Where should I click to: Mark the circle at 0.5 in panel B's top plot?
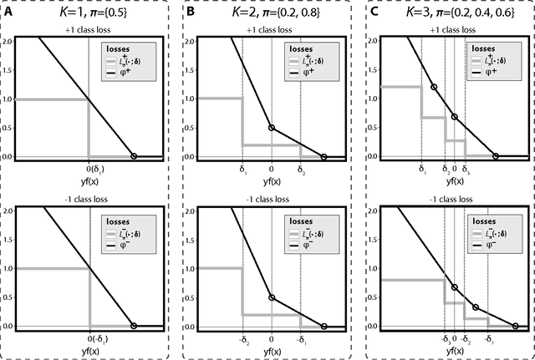tap(272, 128)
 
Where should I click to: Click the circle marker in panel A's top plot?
tap(135, 156)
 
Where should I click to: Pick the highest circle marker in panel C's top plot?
tap(433, 87)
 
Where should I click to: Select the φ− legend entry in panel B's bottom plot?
tap(310, 246)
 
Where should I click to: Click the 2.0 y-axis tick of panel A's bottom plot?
tap(8, 210)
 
